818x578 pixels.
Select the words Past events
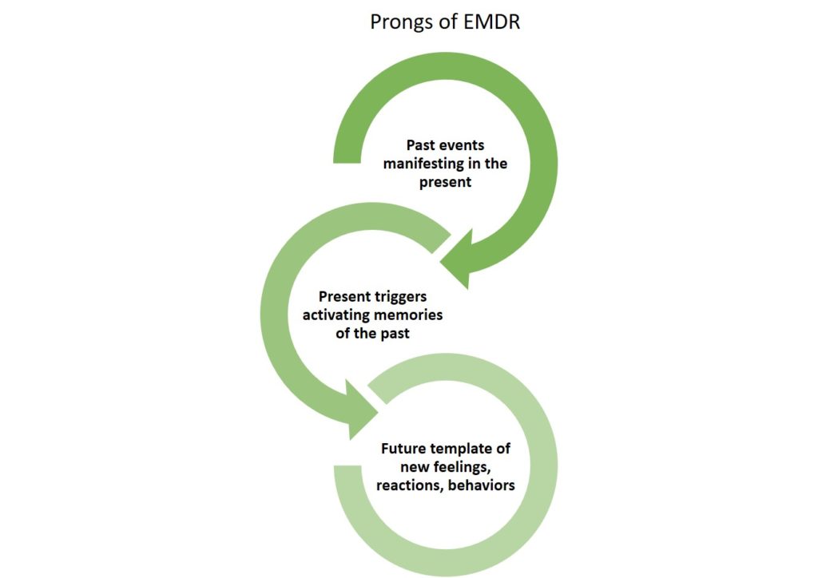click(x=446, y=145)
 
